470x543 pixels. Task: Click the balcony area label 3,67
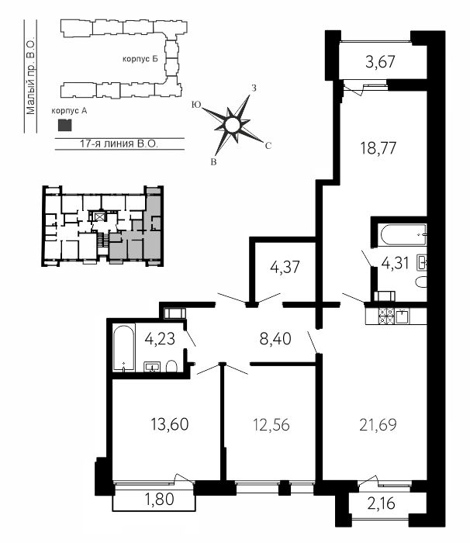pos(380,62)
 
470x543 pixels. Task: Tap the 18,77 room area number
pos(378,149)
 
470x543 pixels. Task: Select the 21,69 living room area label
pos(378,425)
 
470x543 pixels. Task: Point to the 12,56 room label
pos(271,425)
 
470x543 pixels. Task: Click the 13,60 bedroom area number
pos(170,424)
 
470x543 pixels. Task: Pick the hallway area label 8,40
pos(275,339)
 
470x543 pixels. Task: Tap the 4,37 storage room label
pos(285,268)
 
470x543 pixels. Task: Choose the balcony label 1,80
pos(159,499)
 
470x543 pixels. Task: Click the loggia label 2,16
pos(381,503)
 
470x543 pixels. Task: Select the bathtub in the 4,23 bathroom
pos(124,348)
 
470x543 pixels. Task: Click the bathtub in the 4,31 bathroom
pos(403,235)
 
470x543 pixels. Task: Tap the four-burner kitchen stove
pos(386,316)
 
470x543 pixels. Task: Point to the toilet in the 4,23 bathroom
pos(171,366)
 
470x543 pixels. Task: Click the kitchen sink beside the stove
pos(402,316)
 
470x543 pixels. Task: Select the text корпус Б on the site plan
pos(140,59)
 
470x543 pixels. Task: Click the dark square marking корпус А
pos(65,125)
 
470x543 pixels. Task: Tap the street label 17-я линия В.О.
pos(119,144)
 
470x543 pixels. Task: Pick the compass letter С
pos(268,146)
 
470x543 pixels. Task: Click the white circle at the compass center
pos(232,125)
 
